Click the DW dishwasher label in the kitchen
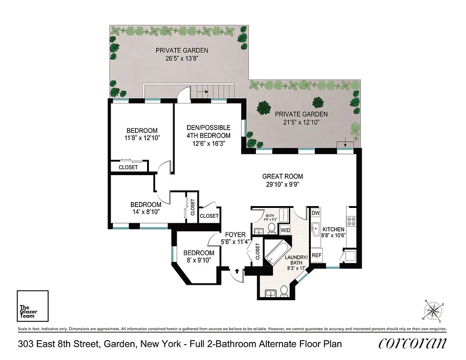coord(315,213)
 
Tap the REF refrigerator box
coord(317,255)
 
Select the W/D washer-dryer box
coord(285,230)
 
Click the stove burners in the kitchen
coord(351,221)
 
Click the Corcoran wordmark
coord(412,344)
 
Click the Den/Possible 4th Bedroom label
coord(208,131)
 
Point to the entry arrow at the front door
coord(237,271)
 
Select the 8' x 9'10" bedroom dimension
coord(198,261)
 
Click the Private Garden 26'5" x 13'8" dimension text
coord(182,58)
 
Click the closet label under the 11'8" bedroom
coord(128,167)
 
